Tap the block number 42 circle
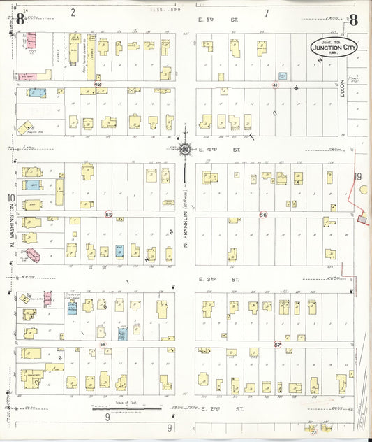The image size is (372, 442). (x=98, y=84)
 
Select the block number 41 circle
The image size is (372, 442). (x=276, y=85)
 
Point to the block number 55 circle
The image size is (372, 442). (x=108, y=214)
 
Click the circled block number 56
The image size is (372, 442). (x=263, y=214)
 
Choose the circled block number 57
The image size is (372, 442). (x=277, y=345)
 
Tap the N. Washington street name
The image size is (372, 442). (x=13, y=227)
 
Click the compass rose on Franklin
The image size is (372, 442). (x=185, y=148)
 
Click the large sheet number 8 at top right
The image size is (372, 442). (x=354, y=20)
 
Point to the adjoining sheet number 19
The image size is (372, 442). (x=358, y=177)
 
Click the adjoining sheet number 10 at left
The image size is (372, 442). (x=11, y=198)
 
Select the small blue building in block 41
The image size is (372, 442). (x=283, y=75)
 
